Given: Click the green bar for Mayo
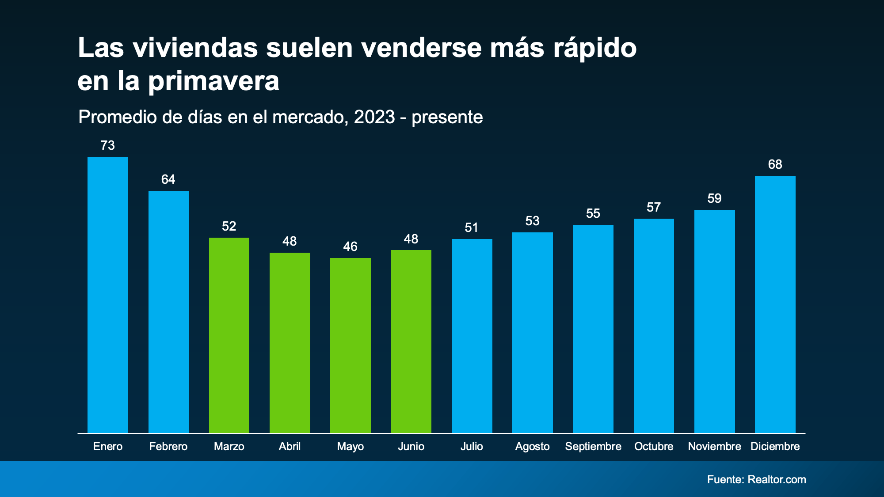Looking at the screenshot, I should click(351, 345).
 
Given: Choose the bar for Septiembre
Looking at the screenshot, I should click(593, 329).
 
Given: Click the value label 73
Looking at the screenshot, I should click(108, 145).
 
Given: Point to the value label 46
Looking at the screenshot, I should click(351, 247).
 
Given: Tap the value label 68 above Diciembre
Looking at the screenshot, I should click(775, 164).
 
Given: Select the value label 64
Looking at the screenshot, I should click(168, 179).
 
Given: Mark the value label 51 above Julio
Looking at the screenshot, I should click(472, 228).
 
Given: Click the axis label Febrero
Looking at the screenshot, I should click(168, 446).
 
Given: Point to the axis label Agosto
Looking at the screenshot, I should click(533, 446).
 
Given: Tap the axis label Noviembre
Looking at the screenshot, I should click(714, 446).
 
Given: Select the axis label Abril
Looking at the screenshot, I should click(290, 446).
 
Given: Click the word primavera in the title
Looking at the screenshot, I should click(213, 82).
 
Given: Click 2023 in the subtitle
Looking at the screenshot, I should click(374, 117).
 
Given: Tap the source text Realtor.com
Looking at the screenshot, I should click(777, 479).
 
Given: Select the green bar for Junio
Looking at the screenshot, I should click(411, 341).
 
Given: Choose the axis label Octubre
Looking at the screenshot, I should click(654, 446).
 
